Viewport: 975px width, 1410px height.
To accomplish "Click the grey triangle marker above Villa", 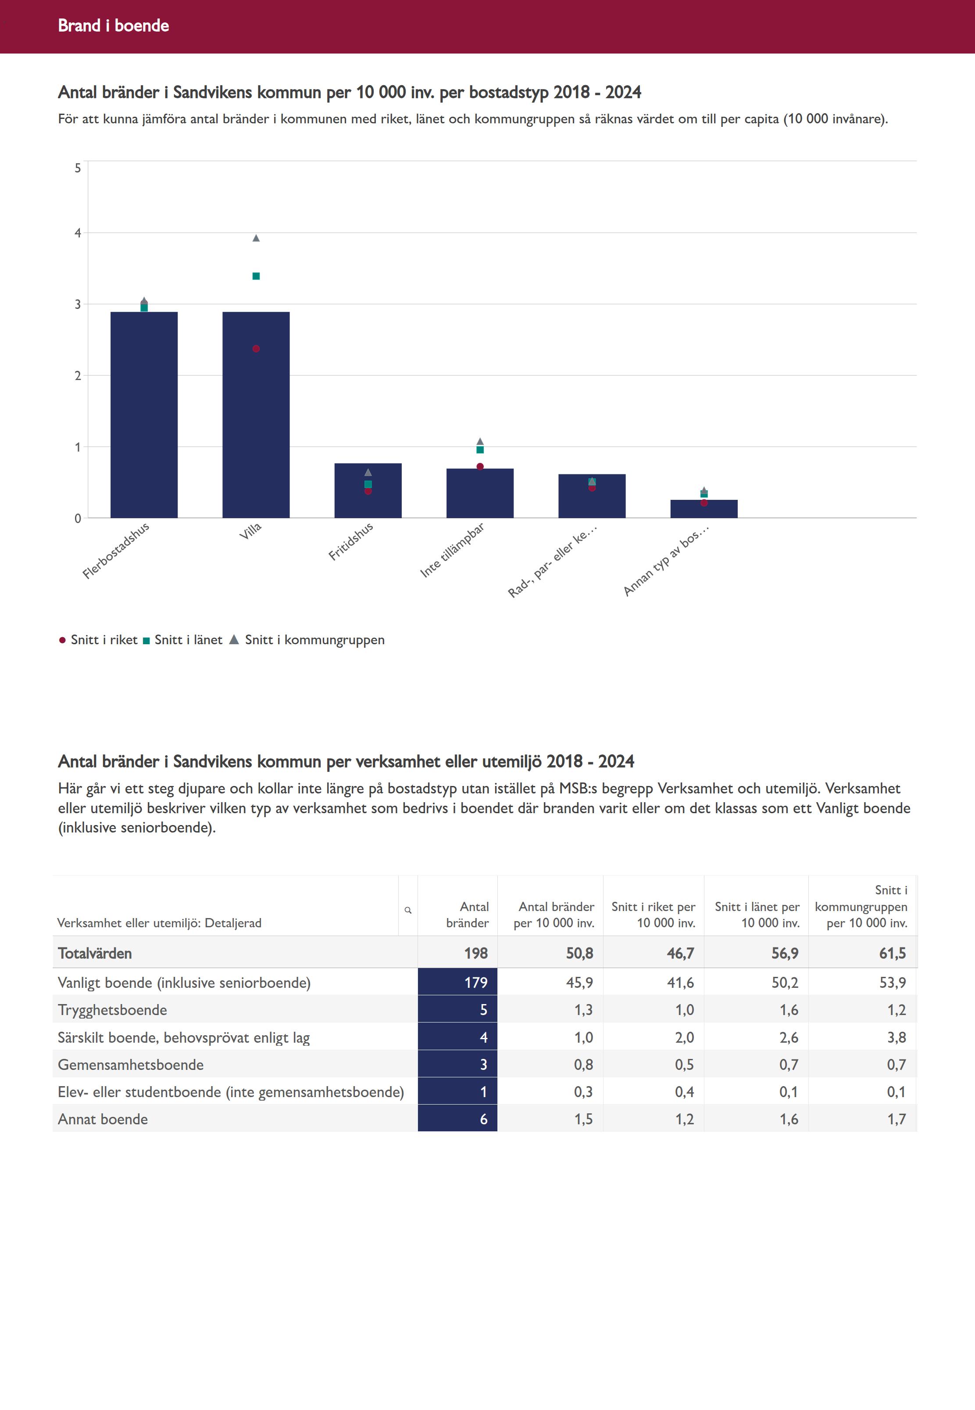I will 256,238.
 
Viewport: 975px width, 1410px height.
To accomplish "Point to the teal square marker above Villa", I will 256,276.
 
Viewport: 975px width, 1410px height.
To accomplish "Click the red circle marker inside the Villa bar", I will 256,349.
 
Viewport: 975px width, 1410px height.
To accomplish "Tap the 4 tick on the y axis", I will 78,233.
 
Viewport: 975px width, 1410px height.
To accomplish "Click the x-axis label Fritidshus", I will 351,542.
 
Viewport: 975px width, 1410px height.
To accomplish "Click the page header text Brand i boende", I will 113,25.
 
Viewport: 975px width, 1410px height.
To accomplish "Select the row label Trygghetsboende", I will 112,1010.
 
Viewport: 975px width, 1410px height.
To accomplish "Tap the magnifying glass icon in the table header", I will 408,910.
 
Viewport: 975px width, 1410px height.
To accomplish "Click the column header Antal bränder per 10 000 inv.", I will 554,915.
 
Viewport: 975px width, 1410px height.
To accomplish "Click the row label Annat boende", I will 103,1119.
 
